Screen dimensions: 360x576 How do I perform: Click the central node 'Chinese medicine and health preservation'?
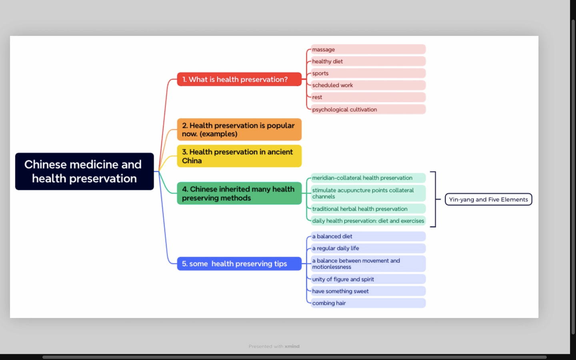(84, 171)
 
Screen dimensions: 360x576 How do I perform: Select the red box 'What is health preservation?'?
(239, 79)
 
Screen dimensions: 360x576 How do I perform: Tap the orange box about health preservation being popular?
(239, 130)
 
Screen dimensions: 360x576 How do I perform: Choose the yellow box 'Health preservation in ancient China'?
(239, 156)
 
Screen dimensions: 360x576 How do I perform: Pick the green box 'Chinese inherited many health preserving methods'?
(239, 194)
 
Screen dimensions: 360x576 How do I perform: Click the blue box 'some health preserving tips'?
(239, 264)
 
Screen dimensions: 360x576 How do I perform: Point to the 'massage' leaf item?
(368, 49)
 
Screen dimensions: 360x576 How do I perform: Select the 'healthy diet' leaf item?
(368, 61)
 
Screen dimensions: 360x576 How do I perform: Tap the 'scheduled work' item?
(368, 85)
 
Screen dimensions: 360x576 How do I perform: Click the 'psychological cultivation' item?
(368, 109)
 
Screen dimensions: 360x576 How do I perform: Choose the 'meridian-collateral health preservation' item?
(368, 178)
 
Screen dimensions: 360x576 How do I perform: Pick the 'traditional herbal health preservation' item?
(368, 209)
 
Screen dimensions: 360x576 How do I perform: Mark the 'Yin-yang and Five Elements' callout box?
(488, 199)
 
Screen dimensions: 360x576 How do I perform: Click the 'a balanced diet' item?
(368, 236)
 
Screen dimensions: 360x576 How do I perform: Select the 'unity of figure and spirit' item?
(368, 279)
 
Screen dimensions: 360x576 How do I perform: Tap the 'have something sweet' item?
(368, 291)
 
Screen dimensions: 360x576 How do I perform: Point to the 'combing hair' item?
(368, 303)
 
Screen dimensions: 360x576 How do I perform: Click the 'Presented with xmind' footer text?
(274, 346)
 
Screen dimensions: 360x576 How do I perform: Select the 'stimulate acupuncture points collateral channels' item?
(368, 193)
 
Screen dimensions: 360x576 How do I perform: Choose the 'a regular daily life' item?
(368, 248)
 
